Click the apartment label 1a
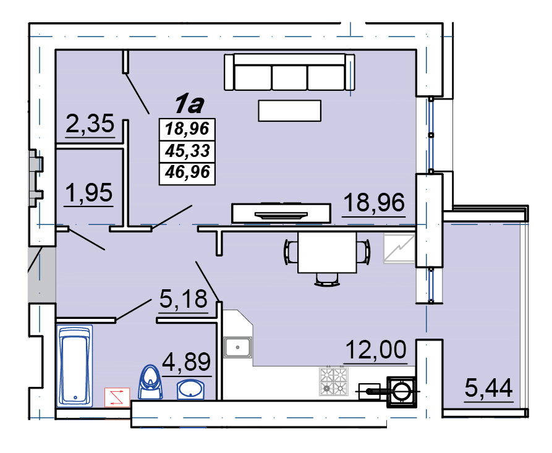click(189, 104)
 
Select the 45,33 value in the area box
click(187, 151)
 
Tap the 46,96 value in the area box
click(187, 172)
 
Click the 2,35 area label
click(90, 124)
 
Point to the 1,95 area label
click(89, 193)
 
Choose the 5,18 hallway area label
click(184, 299)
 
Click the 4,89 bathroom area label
click(187, 362)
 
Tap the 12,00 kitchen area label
click(376, 350)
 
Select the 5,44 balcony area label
click(488, 388)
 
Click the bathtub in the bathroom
click(75, 366)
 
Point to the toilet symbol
click(151, 382)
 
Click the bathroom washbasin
click(190, 389)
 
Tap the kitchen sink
click(237, 347)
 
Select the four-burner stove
click(334, 381)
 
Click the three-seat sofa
click(289, 72)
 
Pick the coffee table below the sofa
click(289, 111)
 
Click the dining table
click(327, 252)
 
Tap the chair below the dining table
click(327, 279)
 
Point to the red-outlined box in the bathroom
click(117, 397)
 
